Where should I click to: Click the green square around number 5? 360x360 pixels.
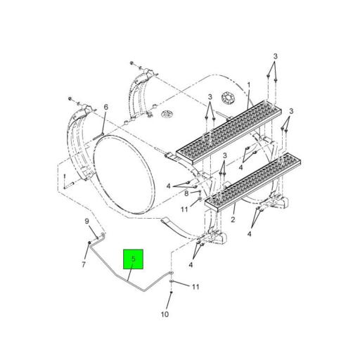(133, 259)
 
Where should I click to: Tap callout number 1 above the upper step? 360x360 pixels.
(248, 84)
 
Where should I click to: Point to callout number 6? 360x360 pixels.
(105, 107)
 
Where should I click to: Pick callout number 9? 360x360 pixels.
(87, 222)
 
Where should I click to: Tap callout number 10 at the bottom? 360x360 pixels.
(165, 314)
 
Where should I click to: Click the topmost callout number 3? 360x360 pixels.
(276, 56)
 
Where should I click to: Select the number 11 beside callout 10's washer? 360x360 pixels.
(196, 287)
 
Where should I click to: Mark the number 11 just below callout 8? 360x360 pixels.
(184, 209)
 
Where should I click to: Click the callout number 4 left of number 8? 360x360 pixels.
(169, 186)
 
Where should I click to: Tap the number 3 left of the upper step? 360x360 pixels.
(210, 96)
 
